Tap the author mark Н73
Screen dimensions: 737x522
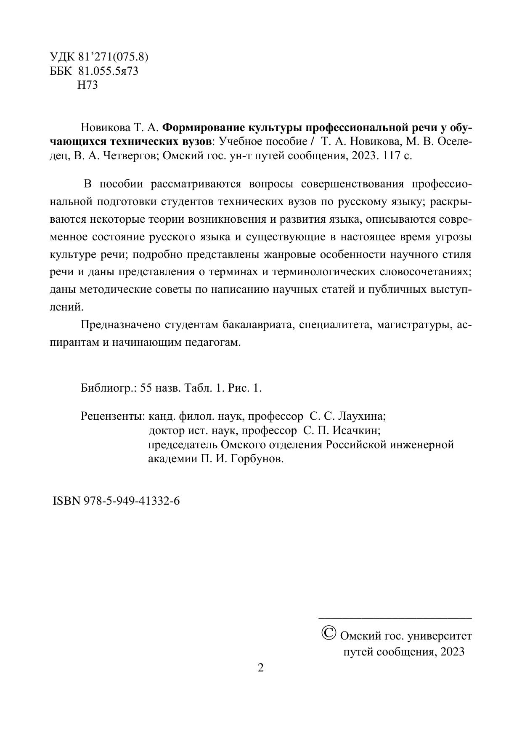[x=87, y=85]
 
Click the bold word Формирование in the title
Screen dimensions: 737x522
[x=198, y=127]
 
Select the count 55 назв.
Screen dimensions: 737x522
[x=160, y=388]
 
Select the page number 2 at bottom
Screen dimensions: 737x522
[x=261, y=668]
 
